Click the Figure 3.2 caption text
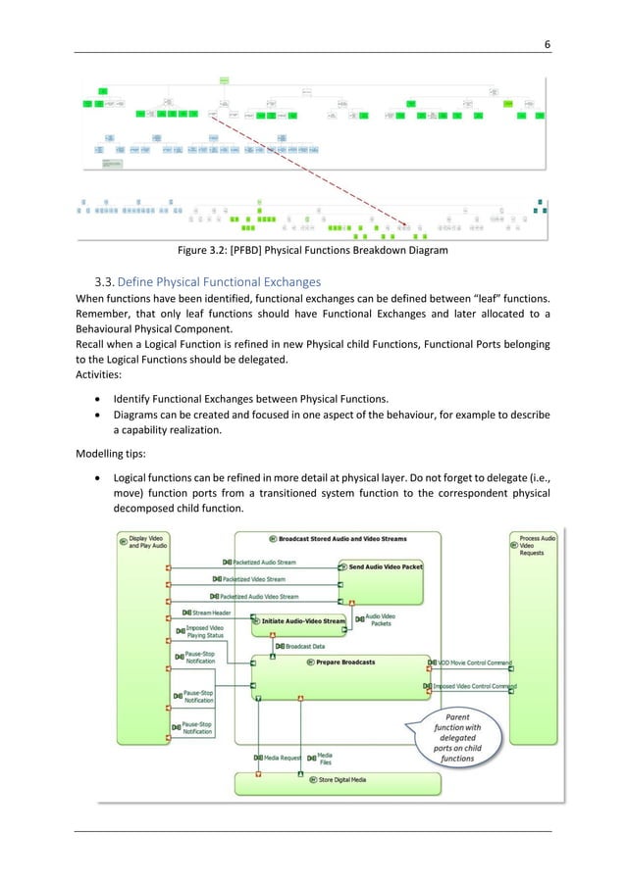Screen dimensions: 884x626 coord(312,250)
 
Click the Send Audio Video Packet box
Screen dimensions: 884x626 coord(384,567)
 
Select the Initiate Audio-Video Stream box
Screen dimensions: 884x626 coord(299,620)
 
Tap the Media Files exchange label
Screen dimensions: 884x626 coord(323,758)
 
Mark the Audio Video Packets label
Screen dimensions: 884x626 coord(380,620)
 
